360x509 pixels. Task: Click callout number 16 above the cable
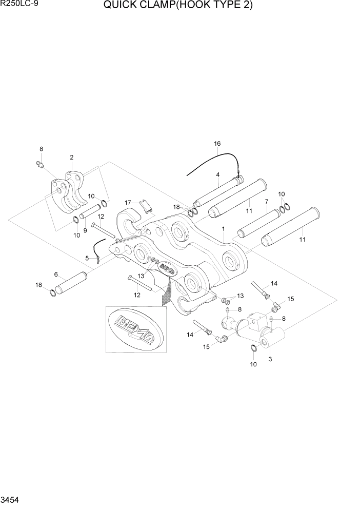pos(217,144)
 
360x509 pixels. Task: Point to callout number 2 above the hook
pos(71,157)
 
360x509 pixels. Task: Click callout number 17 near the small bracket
pos(128,202)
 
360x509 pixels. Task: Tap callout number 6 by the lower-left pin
pos(56,275)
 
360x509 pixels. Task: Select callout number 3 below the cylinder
pos(270,359)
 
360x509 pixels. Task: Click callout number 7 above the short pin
pos(266,202)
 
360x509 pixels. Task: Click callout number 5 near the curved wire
pos(87,258)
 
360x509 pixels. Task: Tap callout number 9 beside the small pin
pos(85,216)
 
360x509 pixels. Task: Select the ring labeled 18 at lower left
pos(54,293)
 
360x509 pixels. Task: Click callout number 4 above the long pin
pos(217,174)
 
